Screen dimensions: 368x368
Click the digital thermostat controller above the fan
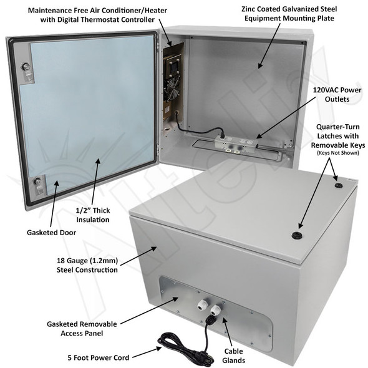click(x=175, y=62)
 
